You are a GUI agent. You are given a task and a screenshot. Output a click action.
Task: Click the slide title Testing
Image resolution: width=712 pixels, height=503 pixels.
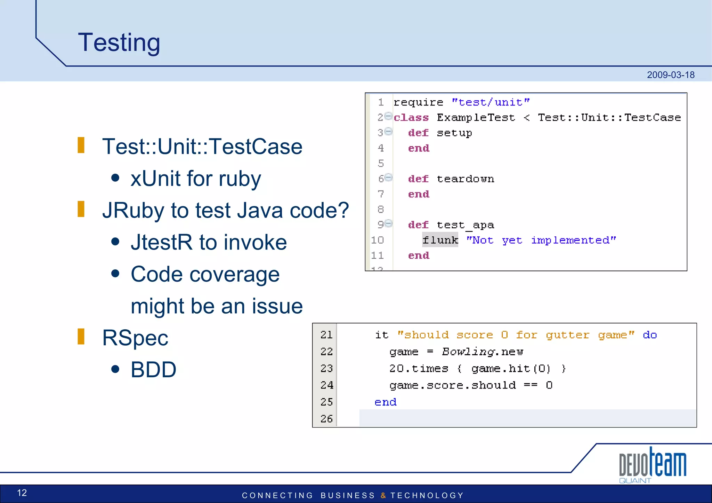click(x=119, y=42)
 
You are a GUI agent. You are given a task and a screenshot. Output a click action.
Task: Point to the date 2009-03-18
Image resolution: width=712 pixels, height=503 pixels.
click(x=670, y=75)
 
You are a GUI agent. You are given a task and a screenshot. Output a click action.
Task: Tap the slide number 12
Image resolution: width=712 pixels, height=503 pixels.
click(x=22, y=493)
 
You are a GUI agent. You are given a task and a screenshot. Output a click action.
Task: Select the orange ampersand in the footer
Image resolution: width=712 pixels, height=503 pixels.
click(x=383, y=495)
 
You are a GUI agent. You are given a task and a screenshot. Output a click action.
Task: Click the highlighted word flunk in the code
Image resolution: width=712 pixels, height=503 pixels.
click(x=440, y=240)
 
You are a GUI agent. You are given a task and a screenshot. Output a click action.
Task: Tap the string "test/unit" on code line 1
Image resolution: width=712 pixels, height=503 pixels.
click(x=491, y=102)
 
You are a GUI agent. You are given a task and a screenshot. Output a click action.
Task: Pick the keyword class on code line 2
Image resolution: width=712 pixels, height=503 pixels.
click(x=411, y=117)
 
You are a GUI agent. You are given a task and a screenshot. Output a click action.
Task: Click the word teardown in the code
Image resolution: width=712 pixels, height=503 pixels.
click(x=465, y=179)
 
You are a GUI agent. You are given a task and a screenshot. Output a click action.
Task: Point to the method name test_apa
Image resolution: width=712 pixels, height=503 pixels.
click(x=465, y=225)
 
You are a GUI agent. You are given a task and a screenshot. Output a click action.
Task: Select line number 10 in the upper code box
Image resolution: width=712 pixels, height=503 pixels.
click(x=377, y=240)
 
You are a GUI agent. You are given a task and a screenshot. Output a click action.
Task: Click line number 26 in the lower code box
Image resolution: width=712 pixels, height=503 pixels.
click(x=326, y=418)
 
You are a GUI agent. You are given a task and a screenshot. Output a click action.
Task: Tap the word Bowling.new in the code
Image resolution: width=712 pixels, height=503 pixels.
click(x=483, y=352)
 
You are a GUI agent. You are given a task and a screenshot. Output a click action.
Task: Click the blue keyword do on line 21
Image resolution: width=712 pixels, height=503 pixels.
click(x=649, y=335)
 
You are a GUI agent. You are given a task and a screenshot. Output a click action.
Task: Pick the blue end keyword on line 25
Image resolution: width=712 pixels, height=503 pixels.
click(x=386, y=402)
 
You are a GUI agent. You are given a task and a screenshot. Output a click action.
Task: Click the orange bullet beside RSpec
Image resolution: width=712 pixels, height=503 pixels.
click(x=81, y=336)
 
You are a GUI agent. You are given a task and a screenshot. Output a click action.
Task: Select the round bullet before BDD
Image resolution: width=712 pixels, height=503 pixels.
click(x=115, y=369)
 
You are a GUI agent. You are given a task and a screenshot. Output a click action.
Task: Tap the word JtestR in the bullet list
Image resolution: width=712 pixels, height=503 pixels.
click(x=161, y=242)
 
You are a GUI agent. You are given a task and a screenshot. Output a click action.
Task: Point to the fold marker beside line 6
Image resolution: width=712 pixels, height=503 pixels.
click(x=389, y=177)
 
